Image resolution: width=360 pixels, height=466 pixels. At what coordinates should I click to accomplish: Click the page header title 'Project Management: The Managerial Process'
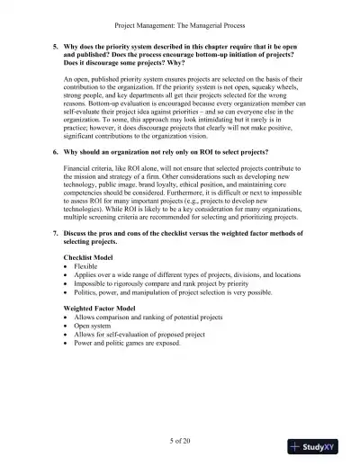[179, 13]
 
